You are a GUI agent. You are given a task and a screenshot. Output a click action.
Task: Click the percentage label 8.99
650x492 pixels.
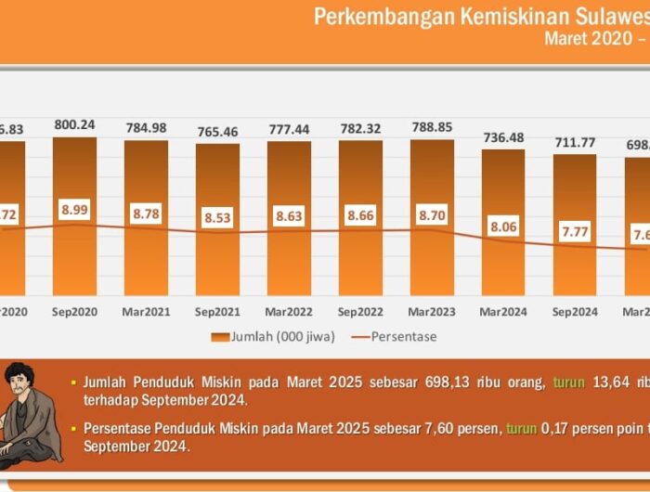pyautogui.click(x=74, y=210)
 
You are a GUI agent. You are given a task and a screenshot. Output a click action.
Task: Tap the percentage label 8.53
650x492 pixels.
pyautogui.click(x=218, y=219)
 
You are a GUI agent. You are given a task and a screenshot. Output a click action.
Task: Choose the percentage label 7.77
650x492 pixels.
pyautogui.click(x=576, y=232)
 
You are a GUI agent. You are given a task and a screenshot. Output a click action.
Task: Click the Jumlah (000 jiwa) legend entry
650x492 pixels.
pyautogui.click(x=273, y=336)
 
